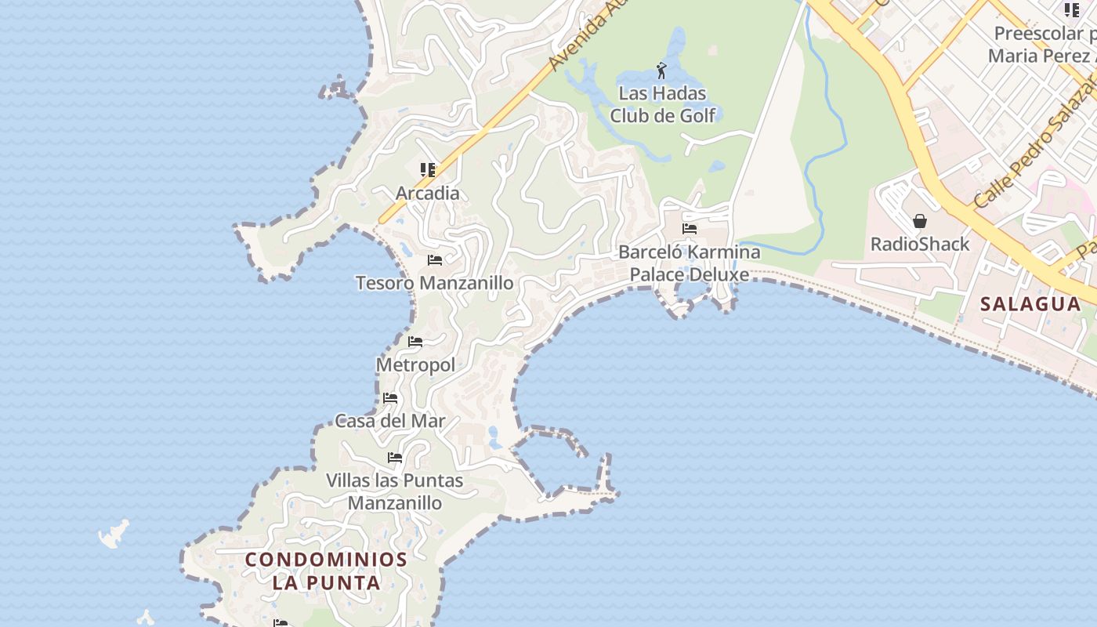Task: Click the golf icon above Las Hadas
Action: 662,71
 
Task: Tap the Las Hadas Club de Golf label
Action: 663,104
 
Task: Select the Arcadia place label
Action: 427,193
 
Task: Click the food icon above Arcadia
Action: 427,169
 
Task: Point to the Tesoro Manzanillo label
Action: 435,283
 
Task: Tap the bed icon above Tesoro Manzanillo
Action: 435,260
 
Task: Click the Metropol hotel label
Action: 415,364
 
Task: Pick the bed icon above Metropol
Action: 415,342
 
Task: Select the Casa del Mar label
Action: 390,421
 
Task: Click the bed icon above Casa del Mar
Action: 390,398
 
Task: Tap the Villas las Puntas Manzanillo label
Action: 395,491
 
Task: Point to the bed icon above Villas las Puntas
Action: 395,458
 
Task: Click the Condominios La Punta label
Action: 326,571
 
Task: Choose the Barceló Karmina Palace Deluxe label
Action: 690,263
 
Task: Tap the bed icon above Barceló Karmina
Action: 690,229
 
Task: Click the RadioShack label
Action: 920,245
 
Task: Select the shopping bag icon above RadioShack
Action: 920,221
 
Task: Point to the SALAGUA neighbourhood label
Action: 1030,304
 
